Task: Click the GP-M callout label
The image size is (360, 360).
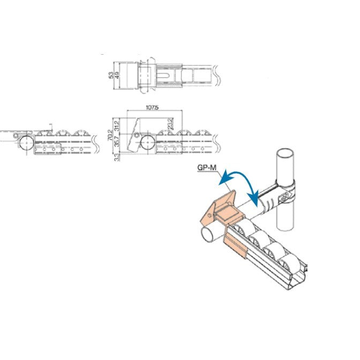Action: [206, 168]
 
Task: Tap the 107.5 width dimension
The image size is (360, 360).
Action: [153, 108]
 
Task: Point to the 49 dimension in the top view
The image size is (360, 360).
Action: [117, 75]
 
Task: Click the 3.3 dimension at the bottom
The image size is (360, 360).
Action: [117, 157]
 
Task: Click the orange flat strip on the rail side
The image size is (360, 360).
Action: [236, 245]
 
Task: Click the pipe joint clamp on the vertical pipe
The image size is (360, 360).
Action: [279, 198]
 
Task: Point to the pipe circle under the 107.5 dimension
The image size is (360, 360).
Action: [146, 143]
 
